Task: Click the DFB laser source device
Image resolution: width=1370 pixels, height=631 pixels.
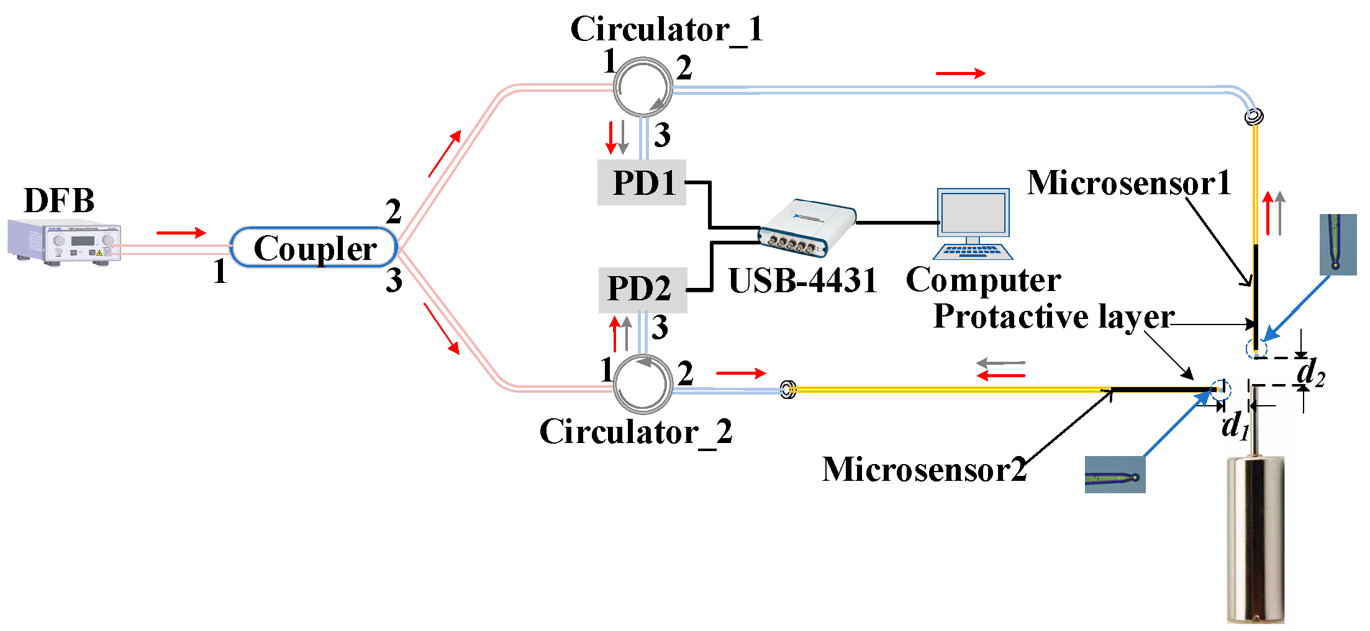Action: click(x=64, y=242)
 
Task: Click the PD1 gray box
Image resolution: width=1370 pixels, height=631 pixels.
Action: click(x=642, y=183)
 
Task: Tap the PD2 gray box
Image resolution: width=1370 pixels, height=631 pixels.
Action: click(x=642, y=290)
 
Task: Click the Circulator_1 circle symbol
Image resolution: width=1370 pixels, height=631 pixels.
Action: click(x=643, y=87)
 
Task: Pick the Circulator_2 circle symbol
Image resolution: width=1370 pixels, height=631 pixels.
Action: click(x=643, y=384)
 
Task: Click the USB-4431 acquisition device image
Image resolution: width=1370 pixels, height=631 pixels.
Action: click(x=807, y=228)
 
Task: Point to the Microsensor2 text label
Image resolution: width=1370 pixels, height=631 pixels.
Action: click(x=923, y=469)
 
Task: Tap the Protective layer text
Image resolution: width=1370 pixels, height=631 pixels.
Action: click(x=1053, y=316)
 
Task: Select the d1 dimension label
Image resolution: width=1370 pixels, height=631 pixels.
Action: click(x=1235, y=426)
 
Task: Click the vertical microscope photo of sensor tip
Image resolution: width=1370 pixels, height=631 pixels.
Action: click(x=1338, y=244)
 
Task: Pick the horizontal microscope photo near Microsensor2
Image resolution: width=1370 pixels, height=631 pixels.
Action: click(x=1115, y=475)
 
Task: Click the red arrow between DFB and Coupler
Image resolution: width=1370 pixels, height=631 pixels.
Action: click(x=181, y=233)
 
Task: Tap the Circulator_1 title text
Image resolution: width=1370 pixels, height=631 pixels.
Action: click(x=666, y=29)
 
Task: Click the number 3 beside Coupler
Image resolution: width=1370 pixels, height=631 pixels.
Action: click(x=394, y=280)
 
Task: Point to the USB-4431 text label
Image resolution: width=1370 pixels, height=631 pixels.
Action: click(x=802, y=280)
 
